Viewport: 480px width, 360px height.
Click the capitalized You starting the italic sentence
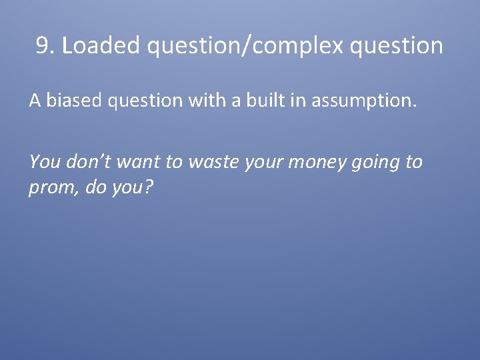(43, 161)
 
